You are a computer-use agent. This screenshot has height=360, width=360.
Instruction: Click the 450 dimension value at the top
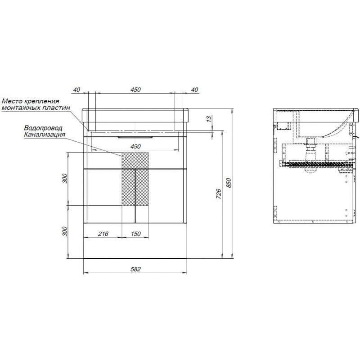135,89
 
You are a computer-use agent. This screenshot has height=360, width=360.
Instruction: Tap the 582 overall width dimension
135,269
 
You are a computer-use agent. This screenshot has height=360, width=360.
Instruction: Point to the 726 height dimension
219,194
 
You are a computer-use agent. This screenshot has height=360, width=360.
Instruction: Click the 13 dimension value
208,119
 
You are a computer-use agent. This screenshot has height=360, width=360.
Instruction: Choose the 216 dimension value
103,234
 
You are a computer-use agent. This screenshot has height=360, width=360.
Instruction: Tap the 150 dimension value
136,234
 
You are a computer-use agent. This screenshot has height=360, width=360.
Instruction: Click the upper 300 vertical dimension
65,178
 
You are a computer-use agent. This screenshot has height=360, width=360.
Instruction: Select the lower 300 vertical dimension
65,231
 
